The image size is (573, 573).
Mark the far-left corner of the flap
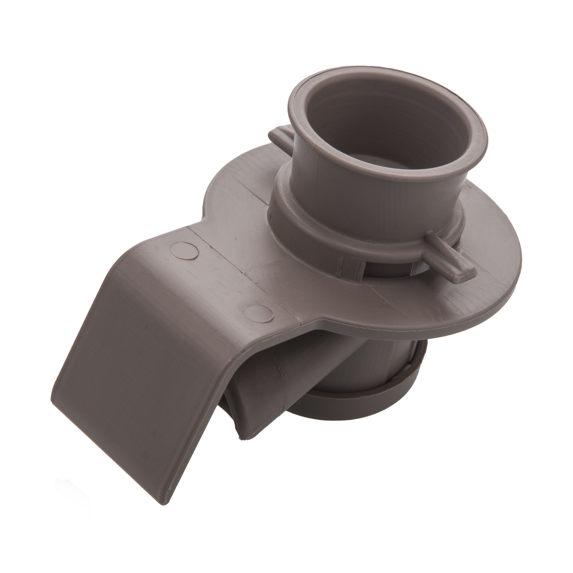(x=59, y=412)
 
